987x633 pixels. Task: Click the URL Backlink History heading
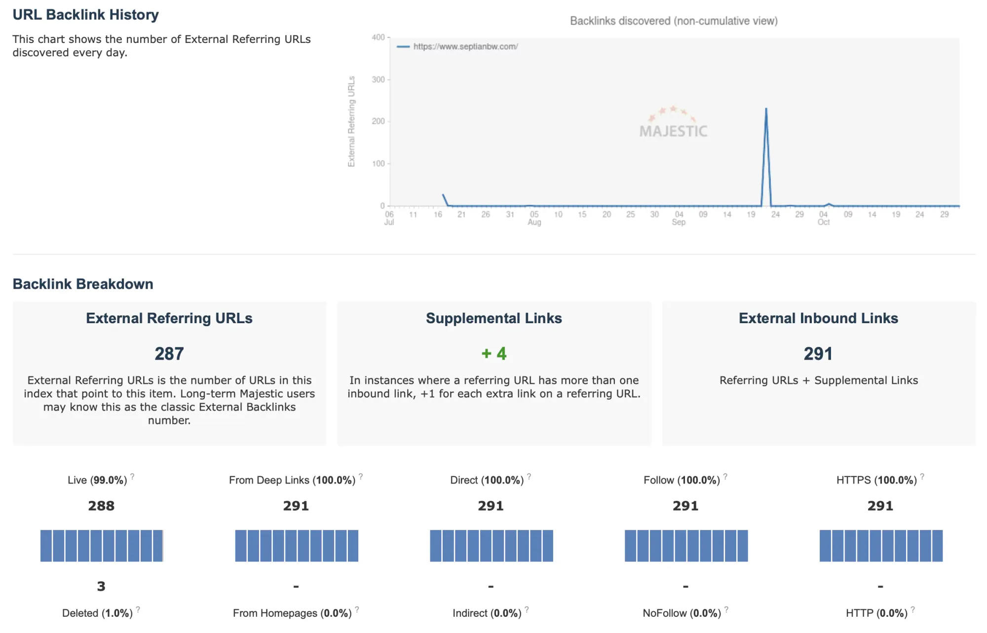pos(85,15)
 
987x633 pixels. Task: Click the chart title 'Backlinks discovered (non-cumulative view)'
pos(674,21)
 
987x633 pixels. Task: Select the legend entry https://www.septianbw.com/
pos(465,46)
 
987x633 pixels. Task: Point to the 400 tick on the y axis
pos(379,37)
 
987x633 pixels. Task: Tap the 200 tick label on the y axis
pos(379,121)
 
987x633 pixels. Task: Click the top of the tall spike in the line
pos(766,109)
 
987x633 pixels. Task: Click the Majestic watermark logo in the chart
pos(673,124)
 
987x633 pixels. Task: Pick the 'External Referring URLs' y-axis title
pos(351,121)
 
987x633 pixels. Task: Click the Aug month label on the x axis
pos(534,223)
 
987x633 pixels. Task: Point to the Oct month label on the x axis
pos(823,223)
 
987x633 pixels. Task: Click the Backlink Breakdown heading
pos(83,284)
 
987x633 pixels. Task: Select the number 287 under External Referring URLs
pos(169,354)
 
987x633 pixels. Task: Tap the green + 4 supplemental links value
pos(494,354)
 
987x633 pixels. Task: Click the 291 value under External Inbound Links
pos(818,354)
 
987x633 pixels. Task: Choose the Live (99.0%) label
pos(97,480)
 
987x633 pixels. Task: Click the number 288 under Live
pos(101,506)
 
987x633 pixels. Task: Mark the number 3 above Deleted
pos(101,586)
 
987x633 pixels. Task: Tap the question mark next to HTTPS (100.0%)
pos(922,477)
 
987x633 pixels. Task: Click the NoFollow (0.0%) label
pos(682,613)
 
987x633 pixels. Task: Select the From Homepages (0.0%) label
pos(292,613)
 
